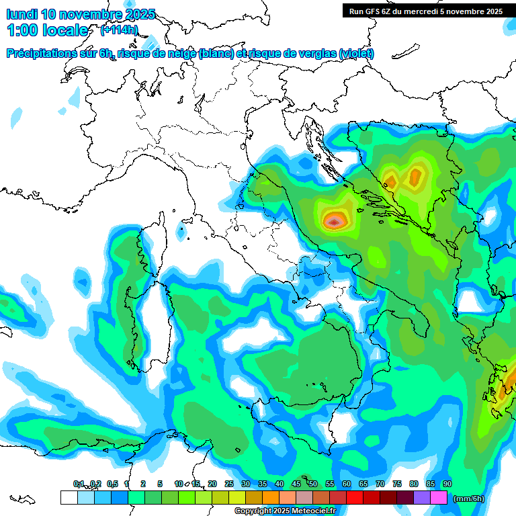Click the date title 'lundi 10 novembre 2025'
click(x=81, y=14)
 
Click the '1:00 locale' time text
click(x=47, y=30)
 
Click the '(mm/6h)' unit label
click(x=469, y=499)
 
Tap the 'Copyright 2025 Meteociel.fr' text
click(x=285, y=511)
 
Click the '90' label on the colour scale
click(x=447, y=484)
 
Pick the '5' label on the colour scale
click(x=160, y=484)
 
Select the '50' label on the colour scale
click(x=313, y=484)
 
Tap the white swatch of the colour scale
click(x=69, y=497)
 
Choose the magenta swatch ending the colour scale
click(x=439, y=497)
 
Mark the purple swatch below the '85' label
click(x=422, y=497)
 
